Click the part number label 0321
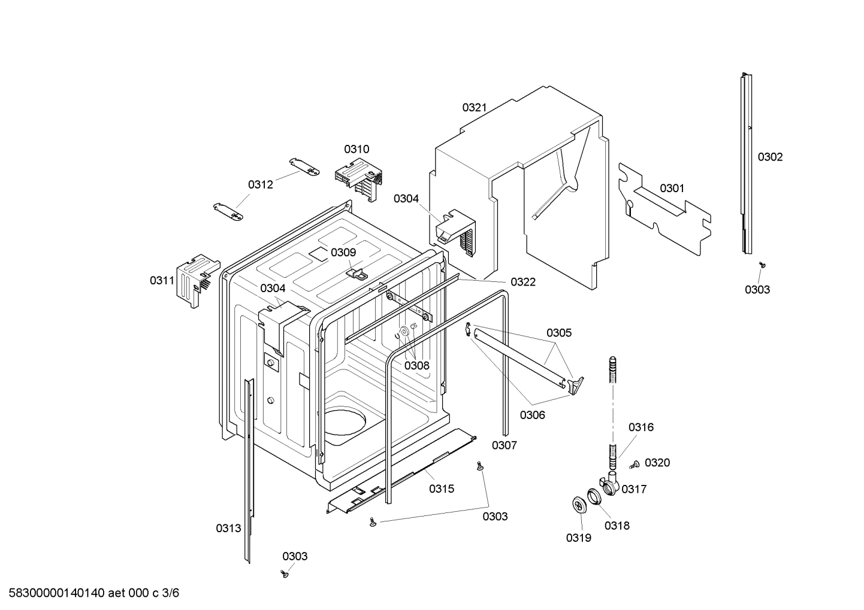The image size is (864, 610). pos(474,108)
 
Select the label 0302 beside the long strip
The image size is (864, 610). pos(770,157)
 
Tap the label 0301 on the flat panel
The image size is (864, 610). pos(672,189)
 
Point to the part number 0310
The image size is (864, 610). pos(357,149)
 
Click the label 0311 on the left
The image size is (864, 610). pos(162,280)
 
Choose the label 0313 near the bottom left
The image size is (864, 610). pos(228,528)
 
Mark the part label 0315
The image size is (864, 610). pos(442,488)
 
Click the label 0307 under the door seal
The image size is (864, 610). pos(504,445)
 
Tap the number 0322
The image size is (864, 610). pos(523,282)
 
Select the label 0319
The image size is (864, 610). pos(578,538)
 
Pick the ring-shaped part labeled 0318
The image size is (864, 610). pos(593,496)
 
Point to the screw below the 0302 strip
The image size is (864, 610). pos(762,264)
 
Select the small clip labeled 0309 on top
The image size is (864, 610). pos(358,273)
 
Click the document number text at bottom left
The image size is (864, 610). pos(90,593)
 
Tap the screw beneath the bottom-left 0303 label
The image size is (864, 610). pos(285,574)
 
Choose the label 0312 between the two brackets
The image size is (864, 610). pos(261,184)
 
